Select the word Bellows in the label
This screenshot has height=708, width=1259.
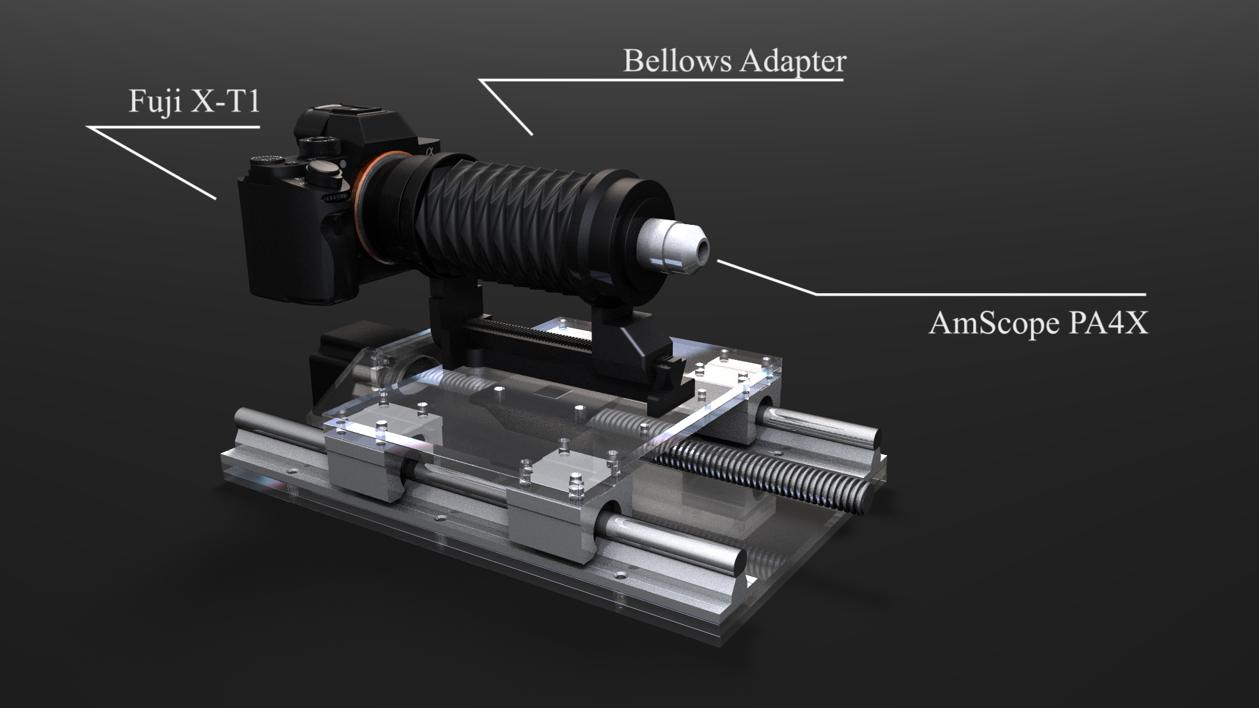[677, 61]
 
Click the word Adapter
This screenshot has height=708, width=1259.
[793, 62]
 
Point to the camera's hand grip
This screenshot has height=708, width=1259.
[269, 243]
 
